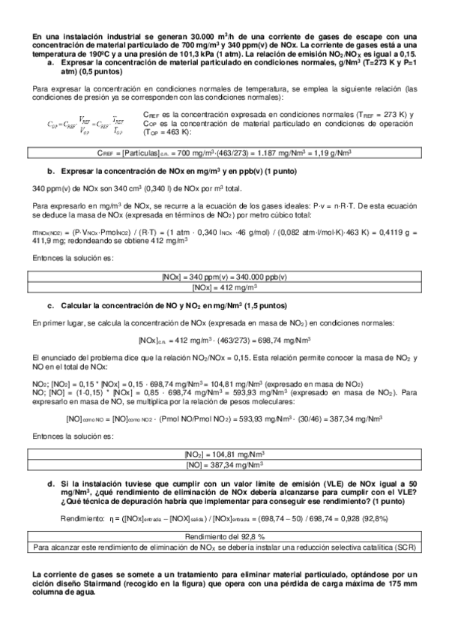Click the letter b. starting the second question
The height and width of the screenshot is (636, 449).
click(x=50, y=172)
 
